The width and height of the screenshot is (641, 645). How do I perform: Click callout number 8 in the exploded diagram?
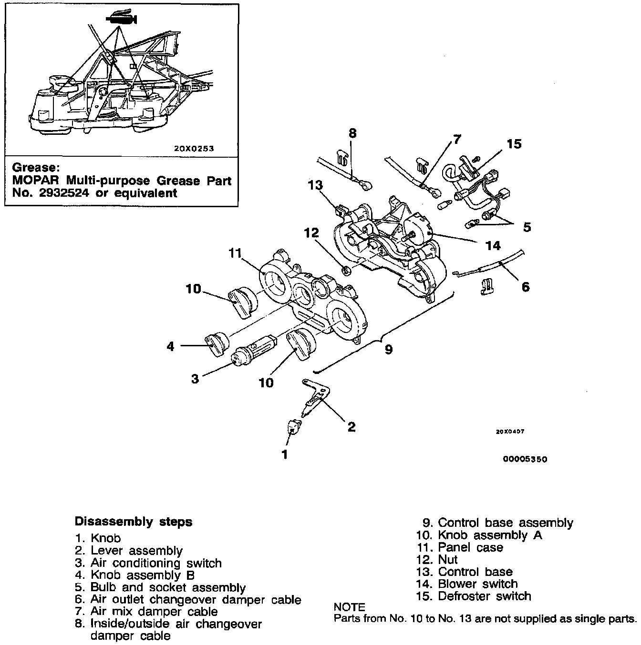point(352,133)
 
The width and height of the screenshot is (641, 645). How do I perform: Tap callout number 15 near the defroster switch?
point(515,143)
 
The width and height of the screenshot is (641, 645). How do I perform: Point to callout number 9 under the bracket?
point(389,349)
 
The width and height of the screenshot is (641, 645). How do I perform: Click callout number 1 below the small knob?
point(285,454)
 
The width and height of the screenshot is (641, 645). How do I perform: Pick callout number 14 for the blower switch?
point(493,245)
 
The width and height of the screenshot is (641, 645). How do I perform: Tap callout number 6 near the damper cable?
point(525,287)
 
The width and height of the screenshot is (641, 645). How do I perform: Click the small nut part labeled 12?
point(347,271)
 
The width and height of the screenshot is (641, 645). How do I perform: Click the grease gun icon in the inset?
point(122,19)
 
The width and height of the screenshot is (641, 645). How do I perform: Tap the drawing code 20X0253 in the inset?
point(194,148)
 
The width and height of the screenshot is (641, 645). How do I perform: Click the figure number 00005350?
point(524,459)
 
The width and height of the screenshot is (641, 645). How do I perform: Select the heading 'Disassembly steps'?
point(134,522)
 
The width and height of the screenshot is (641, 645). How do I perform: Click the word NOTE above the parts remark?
point(350,607)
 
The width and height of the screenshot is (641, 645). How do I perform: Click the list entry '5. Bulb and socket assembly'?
point(160,587)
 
